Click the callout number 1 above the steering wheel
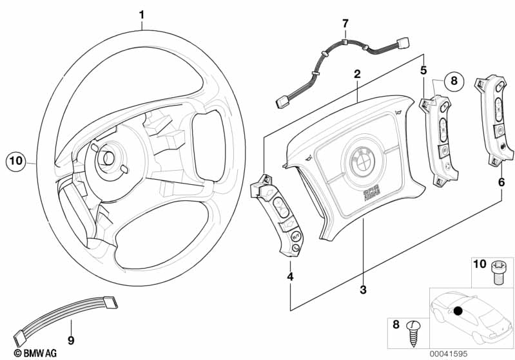click(142, 13)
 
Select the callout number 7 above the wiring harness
click(345, 24)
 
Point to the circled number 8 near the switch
click(453, 81)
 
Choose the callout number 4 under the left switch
click(290, 277)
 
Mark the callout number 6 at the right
click(501, 183)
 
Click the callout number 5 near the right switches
click(423, 69)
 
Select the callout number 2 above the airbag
click(356, 75)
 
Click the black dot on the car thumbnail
click(458, 312)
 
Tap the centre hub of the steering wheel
click(105, 159)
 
